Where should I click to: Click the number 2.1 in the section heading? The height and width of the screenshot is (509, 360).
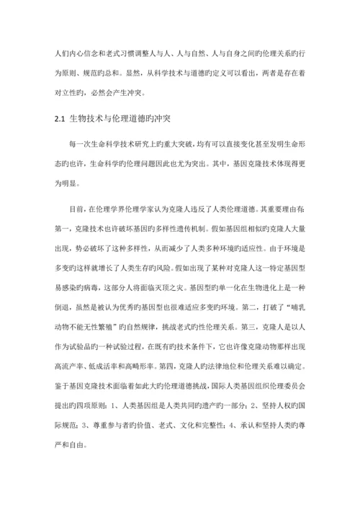pyautogui.click(x=60, y=119)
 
